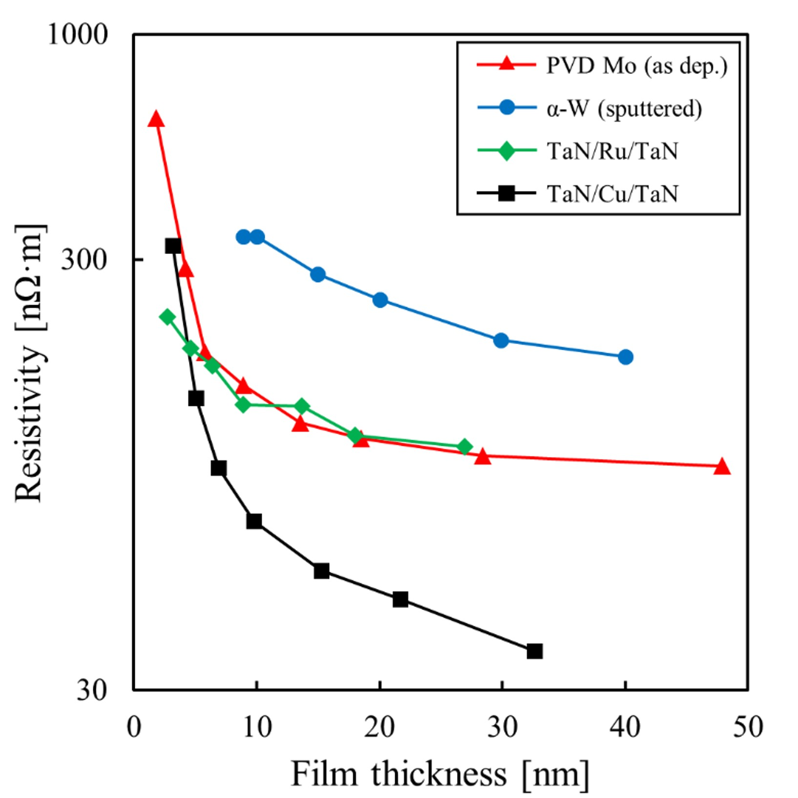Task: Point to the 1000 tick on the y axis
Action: tap(77, 35)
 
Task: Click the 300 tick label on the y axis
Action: tap(84, 259)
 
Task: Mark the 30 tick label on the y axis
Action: tap(91, 690)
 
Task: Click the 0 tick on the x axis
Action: tap(134, 727)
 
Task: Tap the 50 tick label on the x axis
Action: tap(747, 727)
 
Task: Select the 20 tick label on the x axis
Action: tap(379, 727)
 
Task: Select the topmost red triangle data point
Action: tap(156, 119)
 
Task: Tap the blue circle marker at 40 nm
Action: tap(625, 357)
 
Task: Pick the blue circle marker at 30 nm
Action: tap(501, 340)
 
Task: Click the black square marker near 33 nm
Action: tap(535, 651)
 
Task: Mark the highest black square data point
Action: tap(173, 246)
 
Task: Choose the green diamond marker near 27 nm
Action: tap(464, 447)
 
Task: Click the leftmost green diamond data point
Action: tap(168, 317)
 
